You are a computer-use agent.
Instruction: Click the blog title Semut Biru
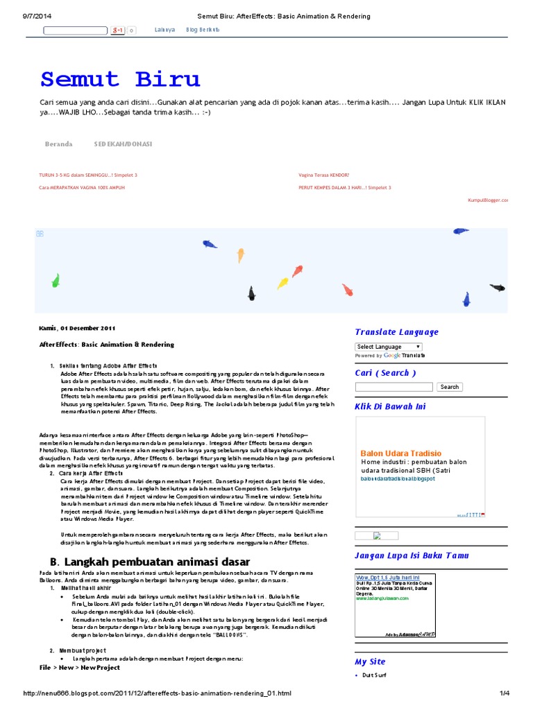pos(120,79)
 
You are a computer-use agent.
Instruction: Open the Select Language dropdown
pos(389,347)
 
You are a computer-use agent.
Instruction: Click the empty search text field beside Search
pos(395,387)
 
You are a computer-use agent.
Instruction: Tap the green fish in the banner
pos(56,280)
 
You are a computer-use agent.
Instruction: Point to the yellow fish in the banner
pos(282,283)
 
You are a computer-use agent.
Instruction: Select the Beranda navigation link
pos(58,144)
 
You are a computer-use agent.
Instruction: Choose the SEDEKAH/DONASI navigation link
pos(123,144)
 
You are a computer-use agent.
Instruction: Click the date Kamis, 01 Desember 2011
pos(76,328)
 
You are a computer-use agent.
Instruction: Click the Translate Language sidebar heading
pos(396,332)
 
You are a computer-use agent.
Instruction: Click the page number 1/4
pos(505,693)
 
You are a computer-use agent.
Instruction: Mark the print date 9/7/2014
pos(28,15)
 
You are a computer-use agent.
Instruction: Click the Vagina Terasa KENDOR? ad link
pos(324,175)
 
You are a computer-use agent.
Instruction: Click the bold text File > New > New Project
pos(80,668)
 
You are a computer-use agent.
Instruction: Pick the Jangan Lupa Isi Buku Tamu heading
pos(412,555)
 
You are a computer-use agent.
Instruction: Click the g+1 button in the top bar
pos(118,31)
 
